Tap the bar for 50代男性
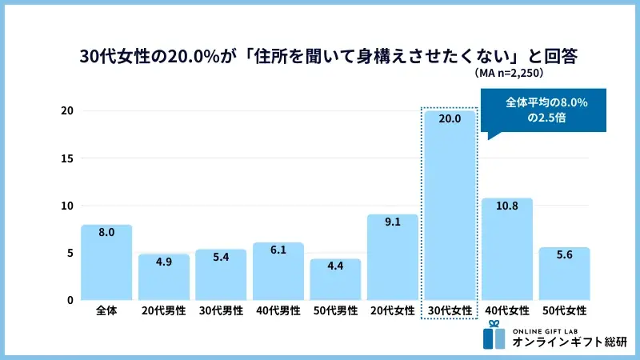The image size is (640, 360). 335,279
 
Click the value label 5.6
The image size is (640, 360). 564,257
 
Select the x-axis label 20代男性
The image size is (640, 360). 163,311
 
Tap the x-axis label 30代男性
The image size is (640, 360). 221,311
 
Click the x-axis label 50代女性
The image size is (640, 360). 564,311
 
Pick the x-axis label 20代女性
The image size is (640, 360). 392,311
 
